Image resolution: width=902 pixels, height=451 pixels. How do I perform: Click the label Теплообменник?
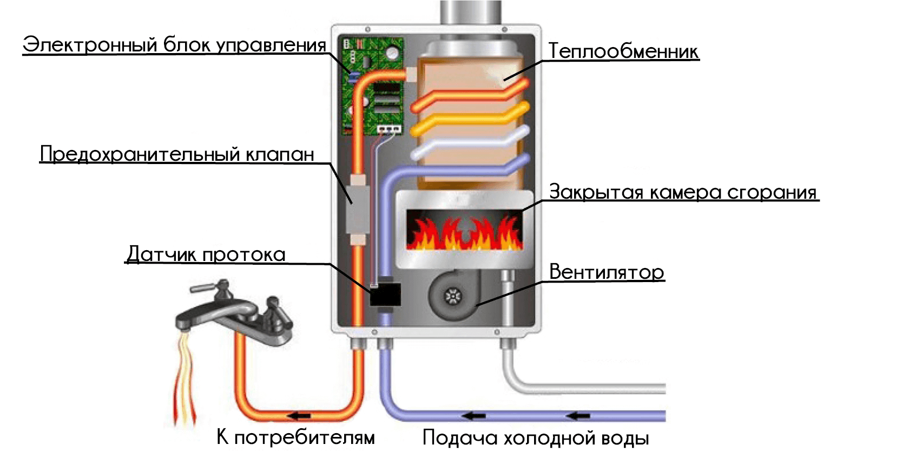pos(623,51)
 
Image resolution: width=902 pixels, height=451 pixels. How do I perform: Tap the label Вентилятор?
pos(607,272)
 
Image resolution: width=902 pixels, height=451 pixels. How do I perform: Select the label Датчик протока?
pos(206,254)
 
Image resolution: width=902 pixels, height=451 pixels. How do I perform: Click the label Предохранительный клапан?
pos(177,154)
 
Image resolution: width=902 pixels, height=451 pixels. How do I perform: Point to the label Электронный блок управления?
pos(174,45)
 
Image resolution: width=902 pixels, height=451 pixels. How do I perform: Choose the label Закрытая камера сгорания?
pos(683,192)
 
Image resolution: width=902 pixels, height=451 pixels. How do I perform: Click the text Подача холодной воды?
pos(535,438)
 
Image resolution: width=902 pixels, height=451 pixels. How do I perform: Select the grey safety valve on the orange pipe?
pos(357,208)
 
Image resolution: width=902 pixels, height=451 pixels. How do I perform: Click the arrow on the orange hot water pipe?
pos(299,416)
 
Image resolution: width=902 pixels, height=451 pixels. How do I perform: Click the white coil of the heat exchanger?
pos(468,145)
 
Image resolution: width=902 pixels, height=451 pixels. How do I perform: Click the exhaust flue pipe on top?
pos(471,12)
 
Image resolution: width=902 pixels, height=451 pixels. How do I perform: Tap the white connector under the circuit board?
pos(390,129)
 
